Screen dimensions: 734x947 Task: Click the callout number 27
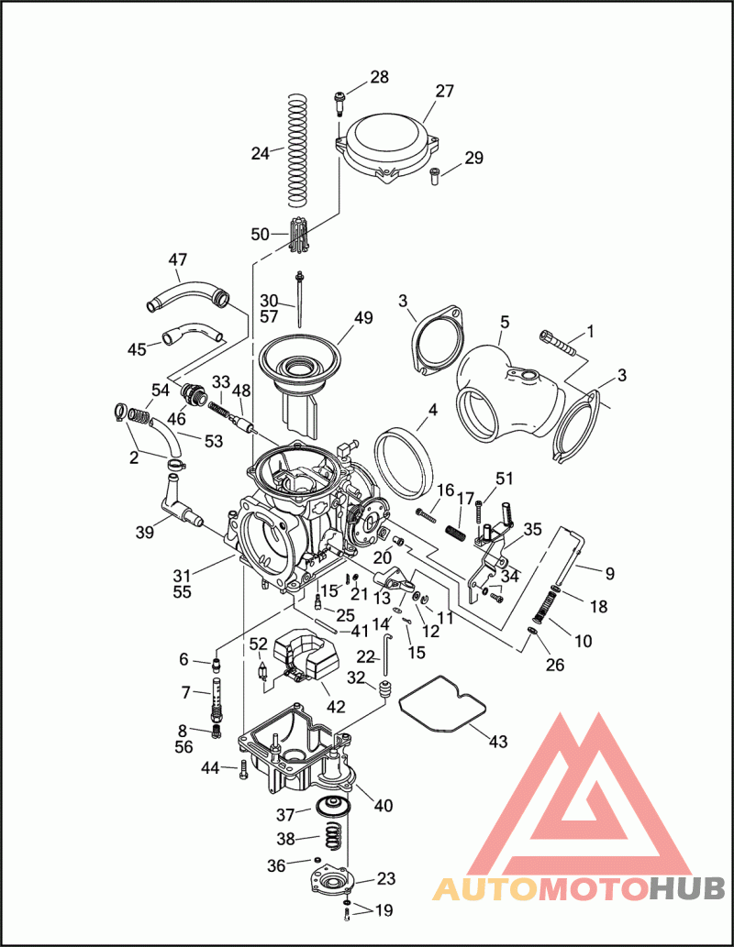[x=444, y=91]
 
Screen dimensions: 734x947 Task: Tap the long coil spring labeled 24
[x=297, y=150]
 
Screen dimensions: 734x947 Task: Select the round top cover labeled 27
[x=388, y=146]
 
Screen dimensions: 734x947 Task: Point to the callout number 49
[x=363, y=318]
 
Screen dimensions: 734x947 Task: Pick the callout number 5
[x=505, y=322]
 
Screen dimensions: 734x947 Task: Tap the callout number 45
[x=138, y=349]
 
